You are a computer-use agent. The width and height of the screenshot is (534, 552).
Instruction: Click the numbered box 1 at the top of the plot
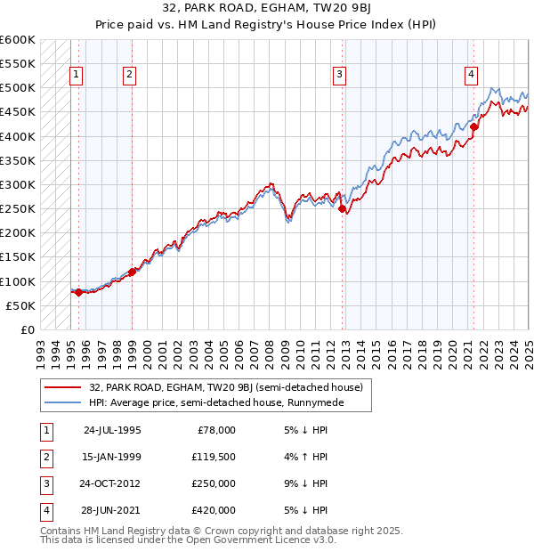coord(77,76)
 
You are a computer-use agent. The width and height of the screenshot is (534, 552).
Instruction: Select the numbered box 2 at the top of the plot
coord(130,76)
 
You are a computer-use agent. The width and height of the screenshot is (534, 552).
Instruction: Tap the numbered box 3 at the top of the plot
coord(340,76)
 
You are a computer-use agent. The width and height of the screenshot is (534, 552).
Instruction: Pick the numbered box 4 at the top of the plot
coord(470,76)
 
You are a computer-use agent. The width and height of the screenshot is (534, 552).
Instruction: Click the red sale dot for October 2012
coord(343,209)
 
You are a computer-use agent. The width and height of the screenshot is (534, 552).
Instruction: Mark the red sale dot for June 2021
coord(474,126)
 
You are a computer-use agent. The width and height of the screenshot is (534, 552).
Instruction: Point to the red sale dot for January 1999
coord(132,272)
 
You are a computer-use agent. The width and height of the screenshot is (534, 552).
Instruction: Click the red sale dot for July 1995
coord(78,292)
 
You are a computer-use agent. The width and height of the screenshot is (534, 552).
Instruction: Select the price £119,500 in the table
coord(214,457)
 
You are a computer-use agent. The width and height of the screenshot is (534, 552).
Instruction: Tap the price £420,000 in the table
coord(214,510)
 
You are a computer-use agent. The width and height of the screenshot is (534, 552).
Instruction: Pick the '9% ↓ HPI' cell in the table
coord(304,483)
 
